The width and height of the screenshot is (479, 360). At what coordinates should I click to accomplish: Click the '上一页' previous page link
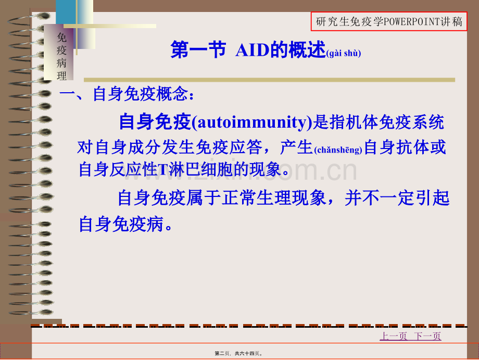[394, 336]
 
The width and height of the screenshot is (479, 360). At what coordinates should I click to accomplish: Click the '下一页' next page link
[427, 336]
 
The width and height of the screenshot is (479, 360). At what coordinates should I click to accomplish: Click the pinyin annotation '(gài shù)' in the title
[343, 53]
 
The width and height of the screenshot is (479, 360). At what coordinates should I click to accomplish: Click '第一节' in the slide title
[198, 51]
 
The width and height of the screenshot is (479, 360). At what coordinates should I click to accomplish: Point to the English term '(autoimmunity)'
[254, 123]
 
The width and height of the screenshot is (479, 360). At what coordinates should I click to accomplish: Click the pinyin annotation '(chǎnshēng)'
[338, 150]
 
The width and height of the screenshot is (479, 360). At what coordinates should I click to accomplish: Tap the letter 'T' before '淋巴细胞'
[161, 170]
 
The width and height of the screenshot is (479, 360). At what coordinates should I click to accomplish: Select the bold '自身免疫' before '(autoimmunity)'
[155, 122]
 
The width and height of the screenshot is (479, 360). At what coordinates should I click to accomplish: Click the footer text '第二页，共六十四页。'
[238, 353]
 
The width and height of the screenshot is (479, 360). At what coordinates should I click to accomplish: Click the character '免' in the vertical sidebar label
[62, 37]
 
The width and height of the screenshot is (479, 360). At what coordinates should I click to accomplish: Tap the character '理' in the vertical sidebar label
[62, 76]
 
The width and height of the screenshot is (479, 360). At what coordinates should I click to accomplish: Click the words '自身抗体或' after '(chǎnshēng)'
[405, 148]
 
